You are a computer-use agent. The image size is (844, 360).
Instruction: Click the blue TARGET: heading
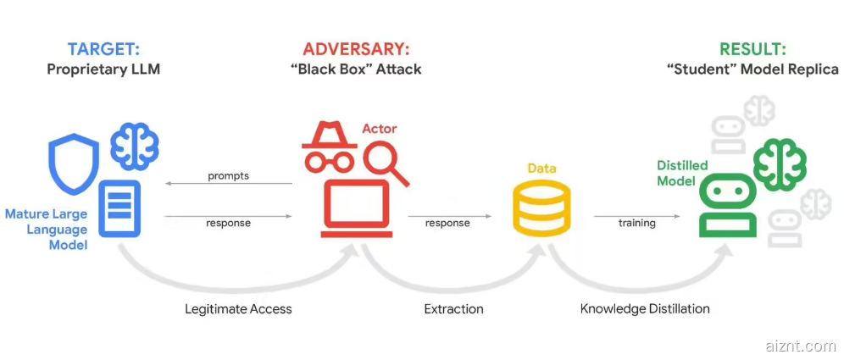click(x=103, y=49)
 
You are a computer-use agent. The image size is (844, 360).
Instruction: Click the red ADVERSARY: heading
click(x=356, y=49)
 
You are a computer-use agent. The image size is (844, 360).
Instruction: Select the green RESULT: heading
click(x=752, y=49)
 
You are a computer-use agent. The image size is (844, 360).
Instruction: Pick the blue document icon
click(x=122, y=208)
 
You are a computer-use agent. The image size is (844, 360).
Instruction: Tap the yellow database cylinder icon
click(x=541, y=208)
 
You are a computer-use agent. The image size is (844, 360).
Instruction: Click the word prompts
click(x=228, y=176)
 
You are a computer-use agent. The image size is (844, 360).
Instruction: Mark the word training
click(x=636, y=223)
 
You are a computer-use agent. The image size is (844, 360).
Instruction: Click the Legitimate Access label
click(x=238, y=309)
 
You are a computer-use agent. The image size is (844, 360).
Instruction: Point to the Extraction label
click(x=453, y=309)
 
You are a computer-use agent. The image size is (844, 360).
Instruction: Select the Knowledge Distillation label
click(x=645, y=309)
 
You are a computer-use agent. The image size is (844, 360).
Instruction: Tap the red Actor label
click(x=379, y=129)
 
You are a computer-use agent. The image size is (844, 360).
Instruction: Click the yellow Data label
click(x=541, y=169)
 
